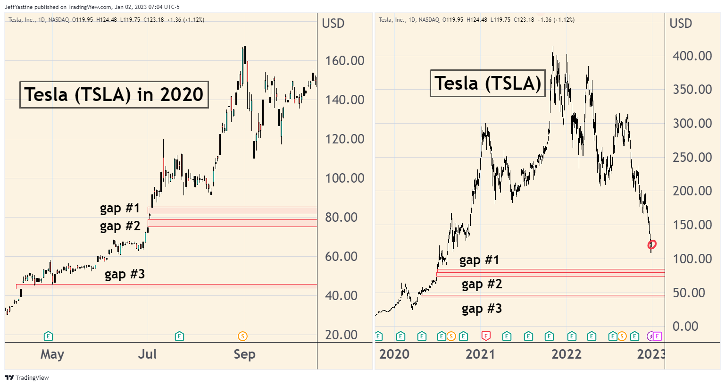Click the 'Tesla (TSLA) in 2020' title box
pyautogui.click(x=114, y=94)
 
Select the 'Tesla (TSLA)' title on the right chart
pyautogui.click(x=488, y=84)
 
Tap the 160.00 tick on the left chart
pyautogui.click(x=344, y=60)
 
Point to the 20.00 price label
pyautogui.click(x=344, y=335)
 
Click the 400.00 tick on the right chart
pyautogui.click(x=692, y=56)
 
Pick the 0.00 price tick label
pyautogui.click(x=685, y=326)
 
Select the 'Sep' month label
pyautogui.click(x=244, y=354)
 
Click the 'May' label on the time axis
pyautogui.click(x=52, y=354)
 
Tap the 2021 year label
pyautogui.click(x=480, y=354)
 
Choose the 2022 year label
pyautogui.click(x=566, y=354)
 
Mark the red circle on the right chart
pyautogui.click(x=652, y=244)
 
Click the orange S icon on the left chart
pyautogui.click(x=242, y=336)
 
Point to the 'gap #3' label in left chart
pyautogui.click(x=125, y=274)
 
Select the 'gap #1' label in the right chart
pyautogui.click(x=479, y=260)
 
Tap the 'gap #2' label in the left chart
pyautogui.click(x=120, y=227)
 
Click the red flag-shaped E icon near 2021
pyautogui.click(x=486, y=336)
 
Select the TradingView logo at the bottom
pyautogui.click(x=27, y=378)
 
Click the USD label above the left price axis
pyautogui.click(x=333, y=23)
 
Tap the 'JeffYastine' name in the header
pyautogui.click(x=19, y=7)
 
